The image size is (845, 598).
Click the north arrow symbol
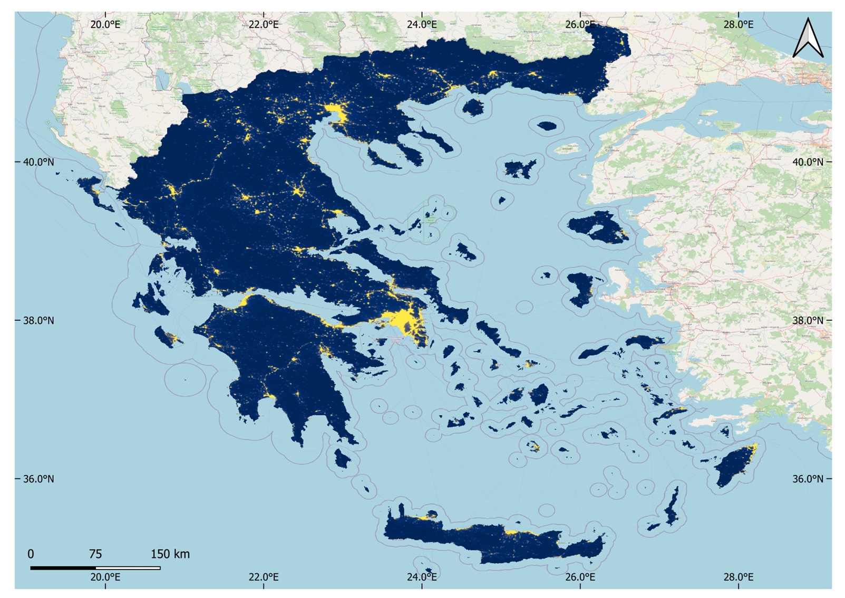[x=808, y=37]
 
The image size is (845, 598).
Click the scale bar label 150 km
[x=170, y=554]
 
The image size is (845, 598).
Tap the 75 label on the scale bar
[x=95, y=554]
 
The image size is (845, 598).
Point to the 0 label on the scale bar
[x=31, y=554]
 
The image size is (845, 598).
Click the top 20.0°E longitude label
[x=105, y=24]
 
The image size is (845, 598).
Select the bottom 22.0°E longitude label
[x=264, y=577]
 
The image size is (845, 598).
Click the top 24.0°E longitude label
[x=422, y=24]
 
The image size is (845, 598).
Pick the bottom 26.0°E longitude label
[x=580, y=577]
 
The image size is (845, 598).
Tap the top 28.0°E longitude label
[x=738, y=24]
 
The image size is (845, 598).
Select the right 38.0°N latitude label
[x=808, y=320]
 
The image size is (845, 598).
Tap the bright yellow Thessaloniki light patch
[x=335, y=112]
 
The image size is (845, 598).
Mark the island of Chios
[x=580, y=289]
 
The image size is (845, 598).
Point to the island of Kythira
[x=342, y=458]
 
